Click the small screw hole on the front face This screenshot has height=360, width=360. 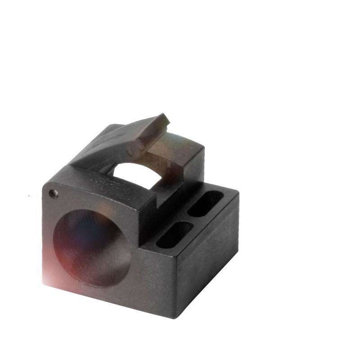54,194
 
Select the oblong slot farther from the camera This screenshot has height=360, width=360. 205,204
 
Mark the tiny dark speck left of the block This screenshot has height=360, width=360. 29,196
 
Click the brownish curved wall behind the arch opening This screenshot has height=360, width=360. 178,155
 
